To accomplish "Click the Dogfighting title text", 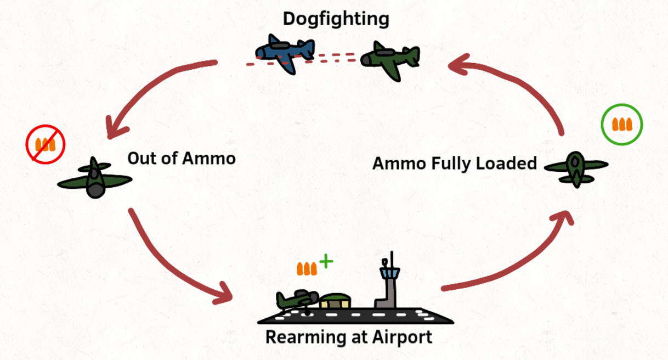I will click(336, 19).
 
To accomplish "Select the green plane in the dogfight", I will click(390, 58).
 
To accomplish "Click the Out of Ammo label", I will click(182, 159).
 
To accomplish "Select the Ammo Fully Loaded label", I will click(454, 163).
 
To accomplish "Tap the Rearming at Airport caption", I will click(349, 336).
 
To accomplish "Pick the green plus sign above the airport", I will click(326, 261).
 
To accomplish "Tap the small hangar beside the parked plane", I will click(335, 301).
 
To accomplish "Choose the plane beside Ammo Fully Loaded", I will click(575, 167).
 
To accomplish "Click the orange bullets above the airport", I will click(307, 269).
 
